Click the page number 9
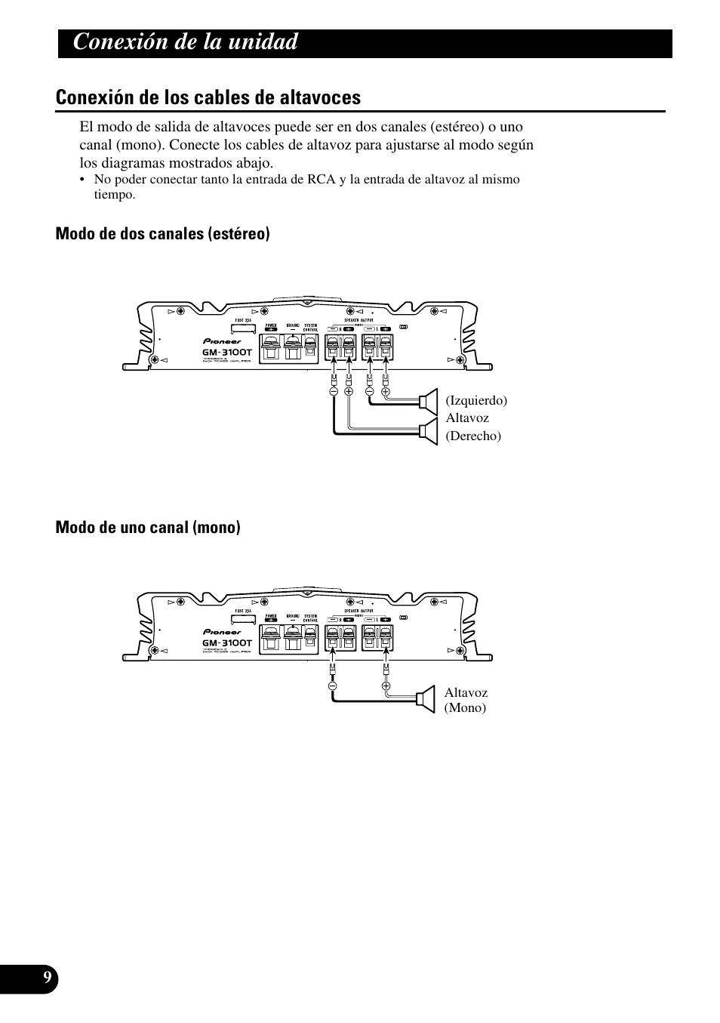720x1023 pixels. [47, 978]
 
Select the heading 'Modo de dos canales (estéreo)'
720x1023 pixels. [162, 234]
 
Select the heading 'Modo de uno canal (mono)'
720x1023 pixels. [148, 527]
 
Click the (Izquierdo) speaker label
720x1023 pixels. [475, 400]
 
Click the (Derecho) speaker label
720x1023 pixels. [473, 436]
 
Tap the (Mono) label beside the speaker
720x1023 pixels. [465, 707]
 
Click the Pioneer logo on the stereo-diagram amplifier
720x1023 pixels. [223, 340]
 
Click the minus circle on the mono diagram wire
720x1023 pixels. [332, 686]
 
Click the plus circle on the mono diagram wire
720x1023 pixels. [385, 686]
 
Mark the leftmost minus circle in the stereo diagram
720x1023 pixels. [333, 391]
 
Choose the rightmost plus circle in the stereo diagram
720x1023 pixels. [386, 391]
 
